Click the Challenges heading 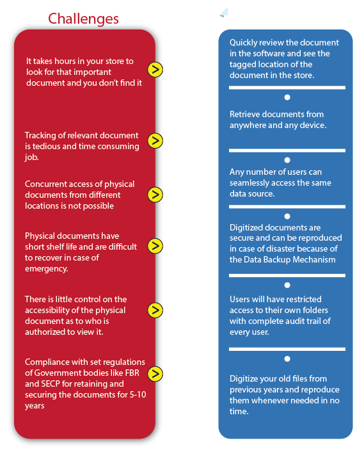pos(83,19)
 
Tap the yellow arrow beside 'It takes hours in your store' pos(155,70)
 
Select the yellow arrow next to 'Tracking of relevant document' pos(155,141)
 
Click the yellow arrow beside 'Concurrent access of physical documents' pos(155,195)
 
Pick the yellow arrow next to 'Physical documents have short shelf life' pos(155,246)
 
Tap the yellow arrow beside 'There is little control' pos(155,310)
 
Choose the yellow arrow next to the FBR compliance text pos(155,374)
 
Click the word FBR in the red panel pos(132,373)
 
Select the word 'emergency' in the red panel pos(46,269)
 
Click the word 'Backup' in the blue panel pos(277,260)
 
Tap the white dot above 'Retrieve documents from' pos(287,97)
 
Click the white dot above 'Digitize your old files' pos(287,359)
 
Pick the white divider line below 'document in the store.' pos(287,88)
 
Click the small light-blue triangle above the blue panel pos(225,13)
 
